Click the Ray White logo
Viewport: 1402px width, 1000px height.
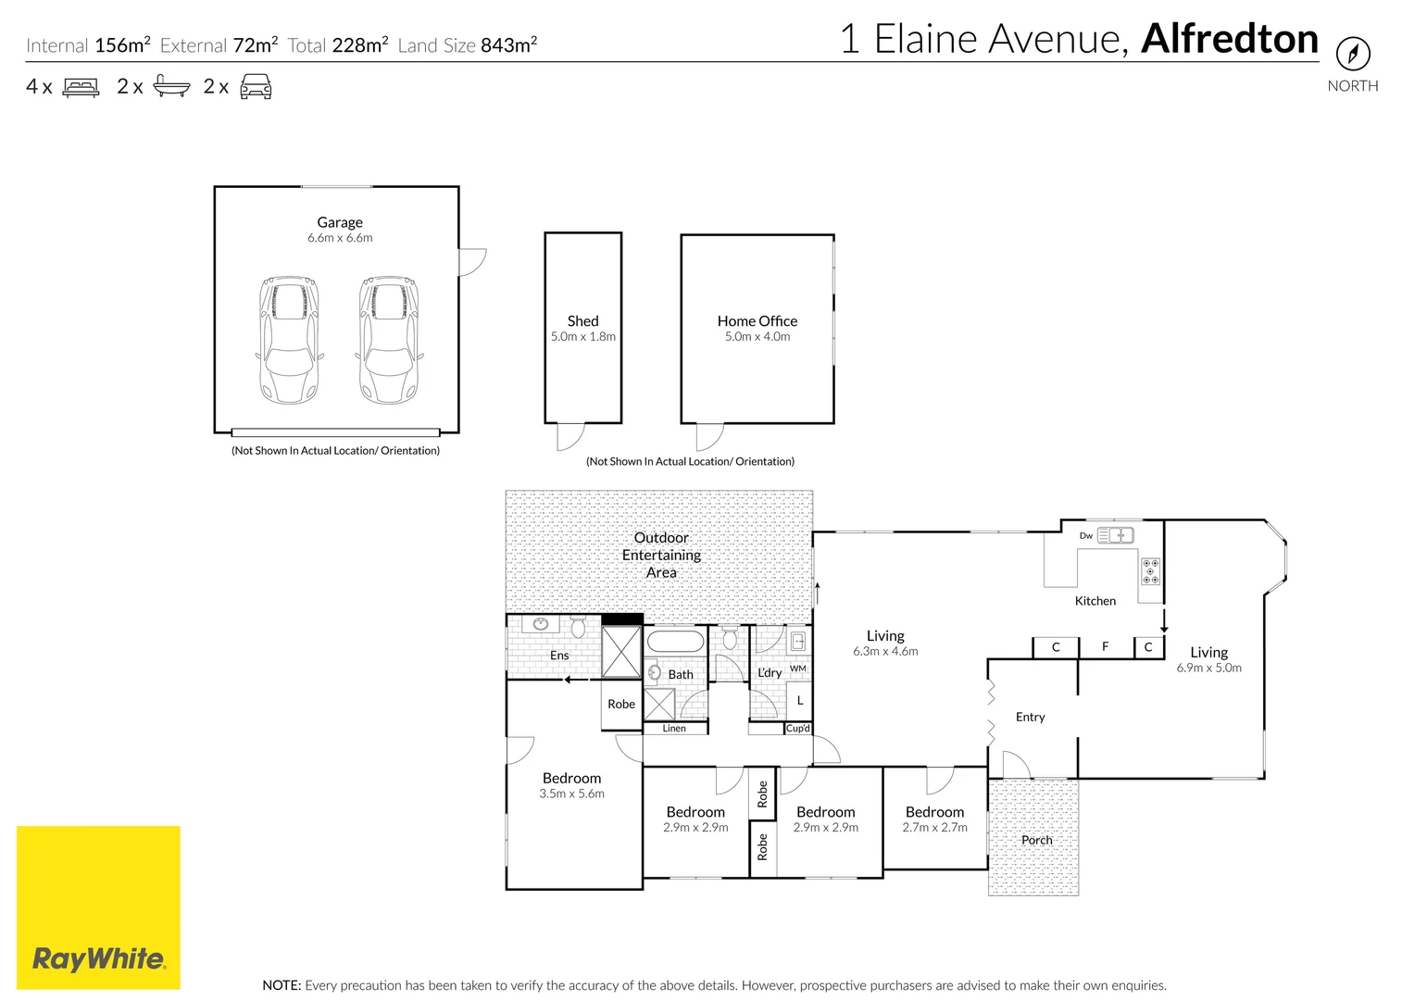coord(98,907)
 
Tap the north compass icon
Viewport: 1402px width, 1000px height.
coord(1352,53)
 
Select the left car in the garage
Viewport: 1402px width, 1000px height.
coord(290,339)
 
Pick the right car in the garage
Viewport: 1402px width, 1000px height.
coord(389,339)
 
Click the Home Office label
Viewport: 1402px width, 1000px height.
coord(757,321)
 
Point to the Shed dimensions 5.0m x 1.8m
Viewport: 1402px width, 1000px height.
coord(582,337)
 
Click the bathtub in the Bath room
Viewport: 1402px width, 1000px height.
coord(675,641)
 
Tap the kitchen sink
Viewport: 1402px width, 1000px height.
coord(1115,535)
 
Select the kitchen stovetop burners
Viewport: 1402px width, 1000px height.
coord(1150,571)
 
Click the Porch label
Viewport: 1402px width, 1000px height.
coord(1036,840)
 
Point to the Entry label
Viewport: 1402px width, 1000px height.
coord(1030,717)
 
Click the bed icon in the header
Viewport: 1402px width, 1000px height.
coord(81,87)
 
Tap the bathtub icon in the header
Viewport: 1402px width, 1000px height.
coord(171,87)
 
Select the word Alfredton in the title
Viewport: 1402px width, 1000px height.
coord(1229,39)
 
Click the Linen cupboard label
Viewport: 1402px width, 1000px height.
coord(674,729)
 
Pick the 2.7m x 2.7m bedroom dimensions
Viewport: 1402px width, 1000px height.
coord(934,828)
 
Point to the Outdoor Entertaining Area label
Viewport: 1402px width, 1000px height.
coord(661,555)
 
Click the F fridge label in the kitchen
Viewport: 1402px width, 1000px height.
coord(1105,646)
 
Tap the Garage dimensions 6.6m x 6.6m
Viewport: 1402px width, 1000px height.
coord(340,238)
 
